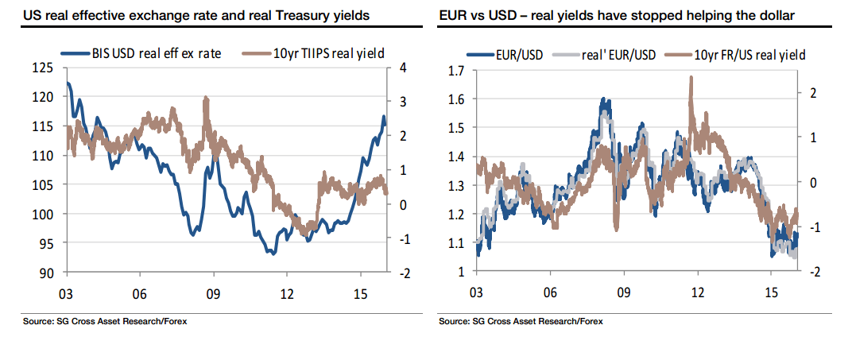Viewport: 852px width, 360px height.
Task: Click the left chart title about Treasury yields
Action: click(196, 15)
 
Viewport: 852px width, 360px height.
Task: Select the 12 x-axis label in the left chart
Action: click(287, 292)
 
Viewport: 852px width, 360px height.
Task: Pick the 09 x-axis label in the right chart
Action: click(624, 292)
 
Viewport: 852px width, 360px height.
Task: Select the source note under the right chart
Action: click(520, 322)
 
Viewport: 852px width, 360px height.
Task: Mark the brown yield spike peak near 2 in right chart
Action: click(691, 78)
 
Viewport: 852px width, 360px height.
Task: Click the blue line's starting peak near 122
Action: click(68, 83)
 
